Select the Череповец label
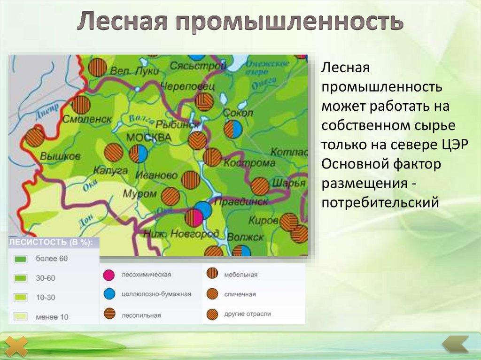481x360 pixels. tap(187, 87)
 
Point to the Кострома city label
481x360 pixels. tap(249, 163)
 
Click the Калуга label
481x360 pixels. tap(110, 170)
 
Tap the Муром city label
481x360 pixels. tap(140, 193)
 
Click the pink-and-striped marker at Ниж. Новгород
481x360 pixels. tap(194, 218)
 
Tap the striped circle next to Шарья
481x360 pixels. tap(260, 186)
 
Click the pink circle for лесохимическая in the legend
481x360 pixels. tap(109, 275)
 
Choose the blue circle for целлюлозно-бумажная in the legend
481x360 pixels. tap(109, 294)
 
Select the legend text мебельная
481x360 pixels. tap(240, 275)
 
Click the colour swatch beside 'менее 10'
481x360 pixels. tap(21, 317)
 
